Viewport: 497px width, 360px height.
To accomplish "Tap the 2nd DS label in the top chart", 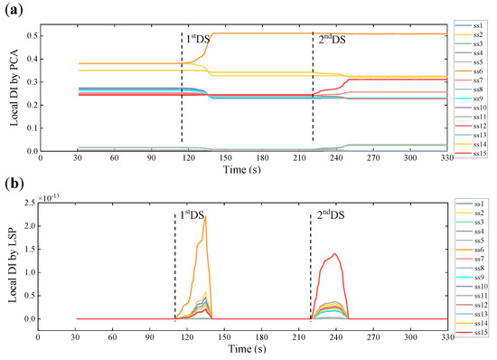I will (x=332, y=40).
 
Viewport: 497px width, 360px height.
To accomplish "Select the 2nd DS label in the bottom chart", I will (x=330, y=217).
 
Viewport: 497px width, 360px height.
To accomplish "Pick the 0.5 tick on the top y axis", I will (x=33, y=35).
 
